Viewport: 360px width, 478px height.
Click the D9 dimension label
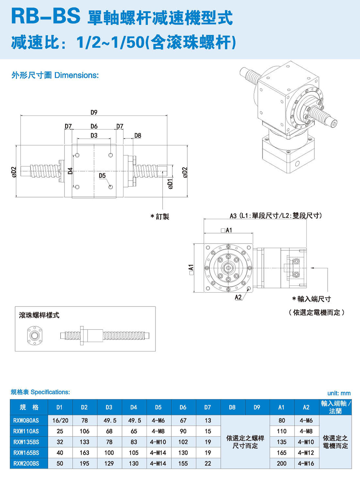click(x=94, y=113)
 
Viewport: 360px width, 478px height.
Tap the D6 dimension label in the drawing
click(x=94, y=126)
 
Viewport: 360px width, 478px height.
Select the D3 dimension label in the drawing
click(x=94, y=136)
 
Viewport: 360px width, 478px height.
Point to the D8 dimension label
click(x=138, y=136)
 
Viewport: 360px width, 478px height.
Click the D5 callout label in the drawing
click(x=102, y=176)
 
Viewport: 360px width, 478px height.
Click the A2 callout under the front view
click(x=238, y=297)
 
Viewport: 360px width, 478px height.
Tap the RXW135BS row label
click(x=26, y=442)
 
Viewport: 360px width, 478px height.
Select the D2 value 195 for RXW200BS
click(x=84, y=464)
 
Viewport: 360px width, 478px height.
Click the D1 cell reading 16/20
click(x=60, y=420)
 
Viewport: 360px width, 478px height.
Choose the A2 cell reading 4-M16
click(x=306, y=464)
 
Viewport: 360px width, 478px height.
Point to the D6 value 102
click(x=183, y=442)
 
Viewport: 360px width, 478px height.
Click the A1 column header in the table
click(x=282, y=407)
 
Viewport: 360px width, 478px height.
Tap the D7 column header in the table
click(x=207, y=407)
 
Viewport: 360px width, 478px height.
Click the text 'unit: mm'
click(x=339, y=393)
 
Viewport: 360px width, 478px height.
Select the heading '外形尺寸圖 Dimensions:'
click(x=55, y=75)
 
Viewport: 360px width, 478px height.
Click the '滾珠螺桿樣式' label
click(x=39, y=315)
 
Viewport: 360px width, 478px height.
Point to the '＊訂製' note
click(x=160, y=217)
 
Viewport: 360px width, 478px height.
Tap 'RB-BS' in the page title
click(x=46, y=17)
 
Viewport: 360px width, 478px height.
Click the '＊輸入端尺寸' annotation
click(x=311, y=299)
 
